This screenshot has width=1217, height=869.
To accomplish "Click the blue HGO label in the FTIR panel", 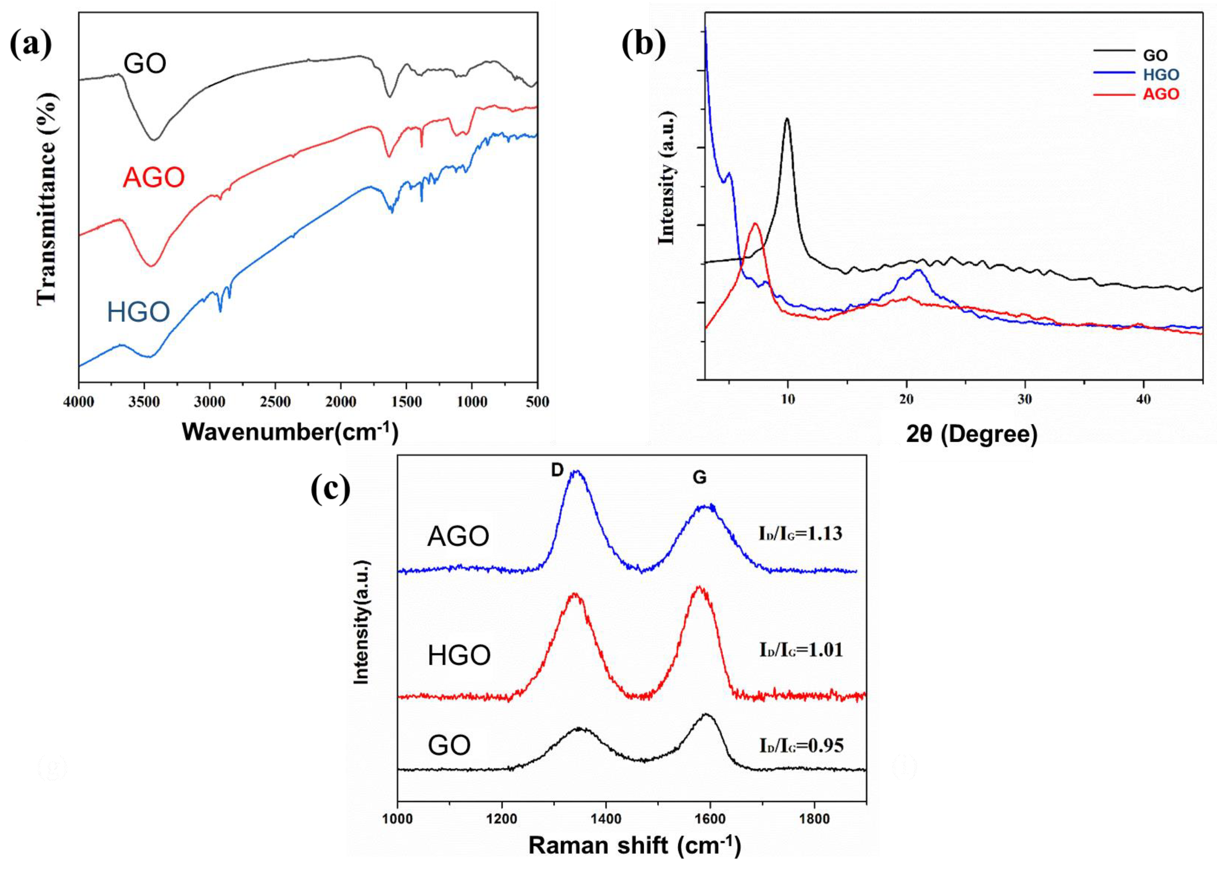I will tap(139, 312).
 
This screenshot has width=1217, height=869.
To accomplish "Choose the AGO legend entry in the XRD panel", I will tap(1160, 94).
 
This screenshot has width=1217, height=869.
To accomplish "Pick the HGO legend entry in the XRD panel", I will tap(1160, 75).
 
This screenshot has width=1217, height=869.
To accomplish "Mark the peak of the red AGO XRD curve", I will tap(755, 224).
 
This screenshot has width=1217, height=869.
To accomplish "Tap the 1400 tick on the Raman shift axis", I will tap(606, 819).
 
